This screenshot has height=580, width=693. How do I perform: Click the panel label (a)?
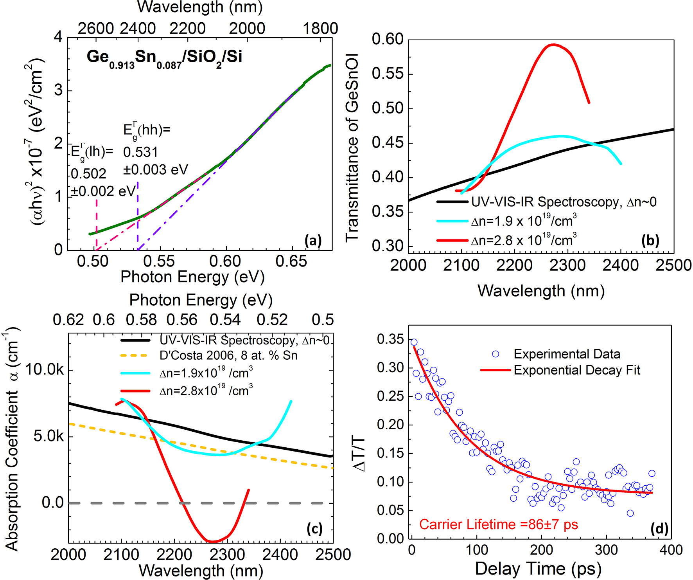click(313, 240)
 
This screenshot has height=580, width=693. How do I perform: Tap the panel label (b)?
click(650, 240)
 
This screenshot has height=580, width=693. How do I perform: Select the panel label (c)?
click(314, 529)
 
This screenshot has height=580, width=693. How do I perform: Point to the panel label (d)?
click(659, 529)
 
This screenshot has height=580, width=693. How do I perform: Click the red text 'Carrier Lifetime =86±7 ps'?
click(498, 524)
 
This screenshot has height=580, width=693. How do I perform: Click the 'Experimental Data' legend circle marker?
click(496, 354)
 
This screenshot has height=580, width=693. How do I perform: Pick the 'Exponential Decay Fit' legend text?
click(577, 370)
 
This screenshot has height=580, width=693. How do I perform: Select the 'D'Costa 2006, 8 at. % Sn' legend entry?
click(228, 355)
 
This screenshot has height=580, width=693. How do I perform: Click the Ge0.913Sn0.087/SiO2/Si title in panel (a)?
click(164, 58)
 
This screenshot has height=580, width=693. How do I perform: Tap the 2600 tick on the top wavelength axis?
click(96, 28)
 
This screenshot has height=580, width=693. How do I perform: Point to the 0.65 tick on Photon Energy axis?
click(291, 261)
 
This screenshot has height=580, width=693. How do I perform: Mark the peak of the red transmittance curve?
click(553, 45)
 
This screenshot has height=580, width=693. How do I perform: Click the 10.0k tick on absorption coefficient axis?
click(44, 369)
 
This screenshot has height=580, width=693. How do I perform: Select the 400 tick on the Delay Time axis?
click(671, 550)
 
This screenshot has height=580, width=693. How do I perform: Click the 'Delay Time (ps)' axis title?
click(538, 569)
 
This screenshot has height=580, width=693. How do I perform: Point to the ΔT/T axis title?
click(359, 454)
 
